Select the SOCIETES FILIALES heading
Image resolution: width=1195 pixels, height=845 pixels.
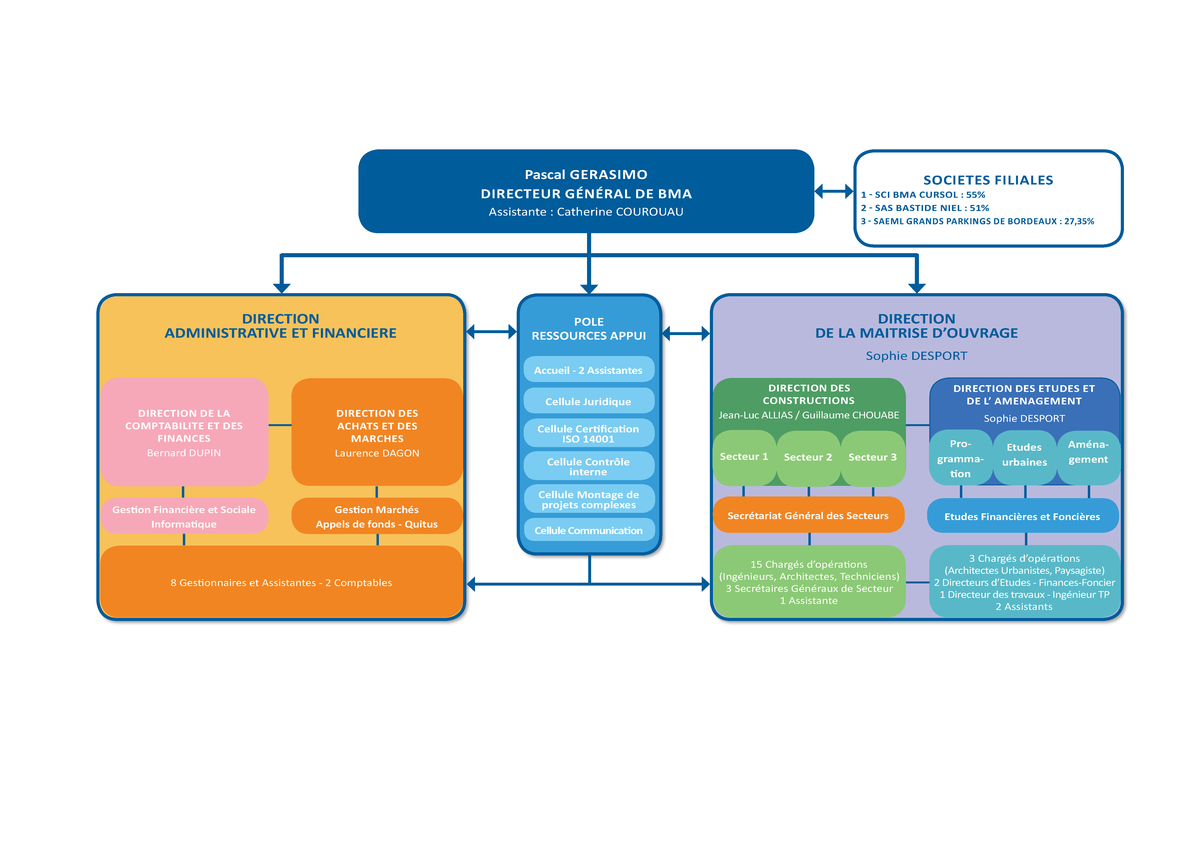click(988, 180)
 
